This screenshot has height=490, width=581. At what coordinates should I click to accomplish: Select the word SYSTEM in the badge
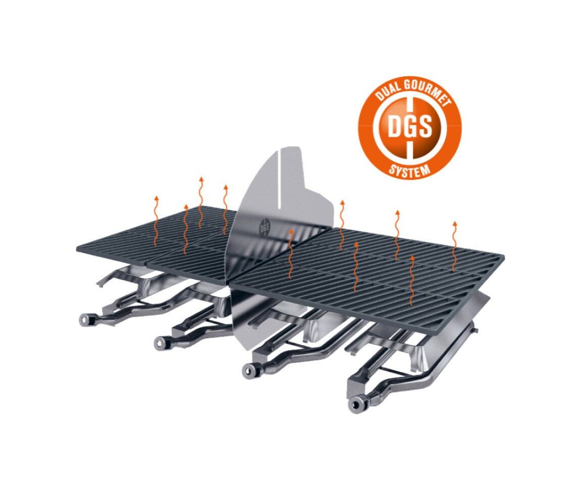(x=409, y=170)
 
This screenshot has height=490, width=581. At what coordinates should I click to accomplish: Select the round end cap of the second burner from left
(x=162, y=342)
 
